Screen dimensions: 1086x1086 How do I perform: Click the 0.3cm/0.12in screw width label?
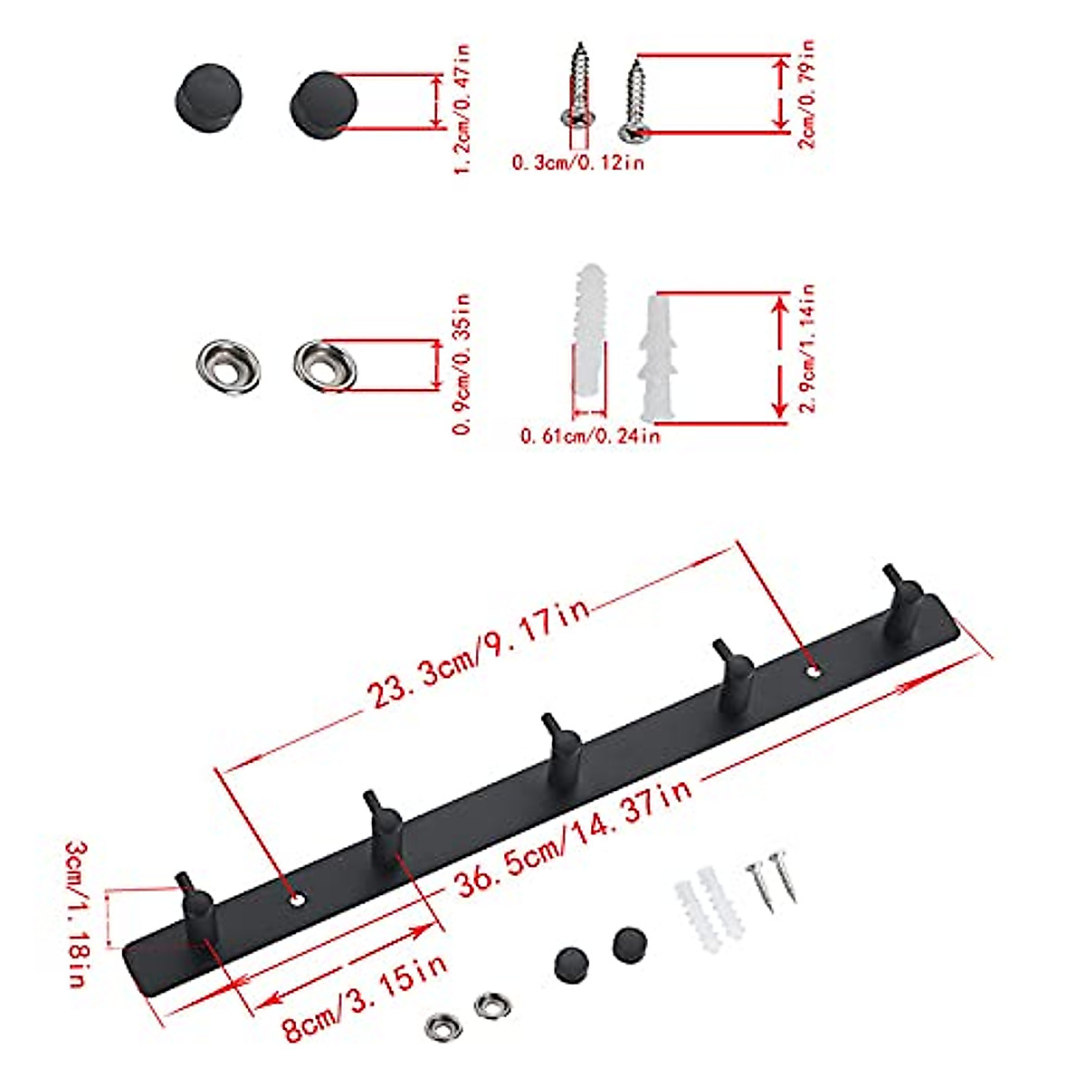pos(577,163)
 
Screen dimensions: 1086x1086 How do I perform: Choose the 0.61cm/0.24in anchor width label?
pos(589,436)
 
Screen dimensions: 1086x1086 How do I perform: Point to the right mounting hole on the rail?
pos(814,672)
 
